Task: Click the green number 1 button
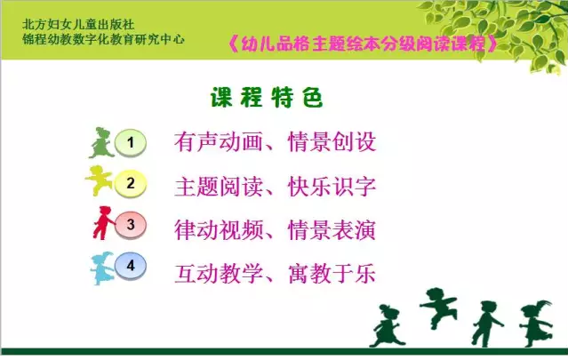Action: (131, 143)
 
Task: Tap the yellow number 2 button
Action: (131, 184)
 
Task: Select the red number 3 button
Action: (131, 225)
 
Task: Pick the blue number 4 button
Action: (131, 266)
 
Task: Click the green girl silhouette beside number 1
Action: (101, 143)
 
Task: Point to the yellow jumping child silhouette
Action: (99, 180)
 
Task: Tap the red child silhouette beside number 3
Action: (104, 223)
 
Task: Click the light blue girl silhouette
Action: (102, 268)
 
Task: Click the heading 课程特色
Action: (267, 98)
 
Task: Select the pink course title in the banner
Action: (363, 44)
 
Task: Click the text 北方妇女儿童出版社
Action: (78, 25)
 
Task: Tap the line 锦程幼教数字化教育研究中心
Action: (104, 39)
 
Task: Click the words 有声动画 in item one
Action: (219, 141)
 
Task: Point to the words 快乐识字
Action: (332, 187)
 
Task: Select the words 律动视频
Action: (219, 230)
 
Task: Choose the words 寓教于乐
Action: (332, 274)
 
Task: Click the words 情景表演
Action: (332, 230)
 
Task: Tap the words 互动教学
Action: (219, 274)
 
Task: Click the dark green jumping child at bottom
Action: (438, 308)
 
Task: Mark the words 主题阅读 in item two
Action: (219, 187)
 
